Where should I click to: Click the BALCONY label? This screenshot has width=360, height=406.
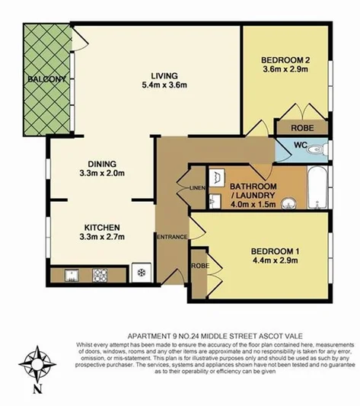coord(46,79)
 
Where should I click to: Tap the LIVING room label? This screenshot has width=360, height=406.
coord(164,75)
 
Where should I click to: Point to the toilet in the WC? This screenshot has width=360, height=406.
coord(321,149)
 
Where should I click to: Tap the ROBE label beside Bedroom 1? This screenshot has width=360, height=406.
coord(200,265)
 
